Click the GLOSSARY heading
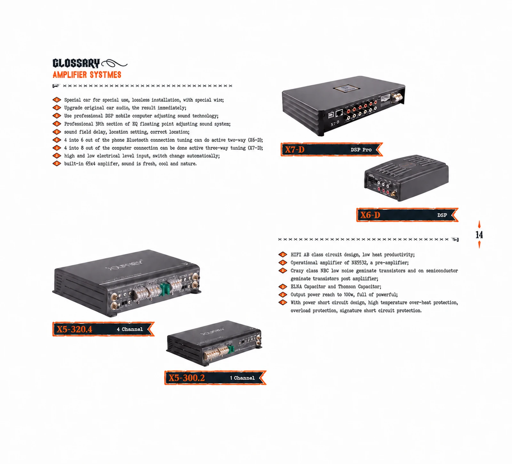pyautogui.click(x=76, y=63)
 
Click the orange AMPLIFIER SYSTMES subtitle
pyautogui.click(x=87, y=75)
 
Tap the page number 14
pyautogui.click(x=479, y=235)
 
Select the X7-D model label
pyautogui.click(x=295, y=150)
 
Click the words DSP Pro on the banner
pyautogui.click(x=361, y=150)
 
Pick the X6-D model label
pyautogui.click(x=370, y=215)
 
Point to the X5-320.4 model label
pyautogui.click(x=75, y=329)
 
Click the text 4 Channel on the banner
pyautogui.click(x=130, y=329)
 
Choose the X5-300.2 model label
pyautogui.click(x=187, y=378)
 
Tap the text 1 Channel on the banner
pyautogui.click(x=242, y=378)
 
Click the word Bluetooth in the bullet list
pyautogui.click(x=137, y=140)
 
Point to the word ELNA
pyautogui.click(x=296, y=287)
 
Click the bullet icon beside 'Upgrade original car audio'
pyautogui.click(x=57, y=108)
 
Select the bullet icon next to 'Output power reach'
pyautogui.click(x=283, y=295)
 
